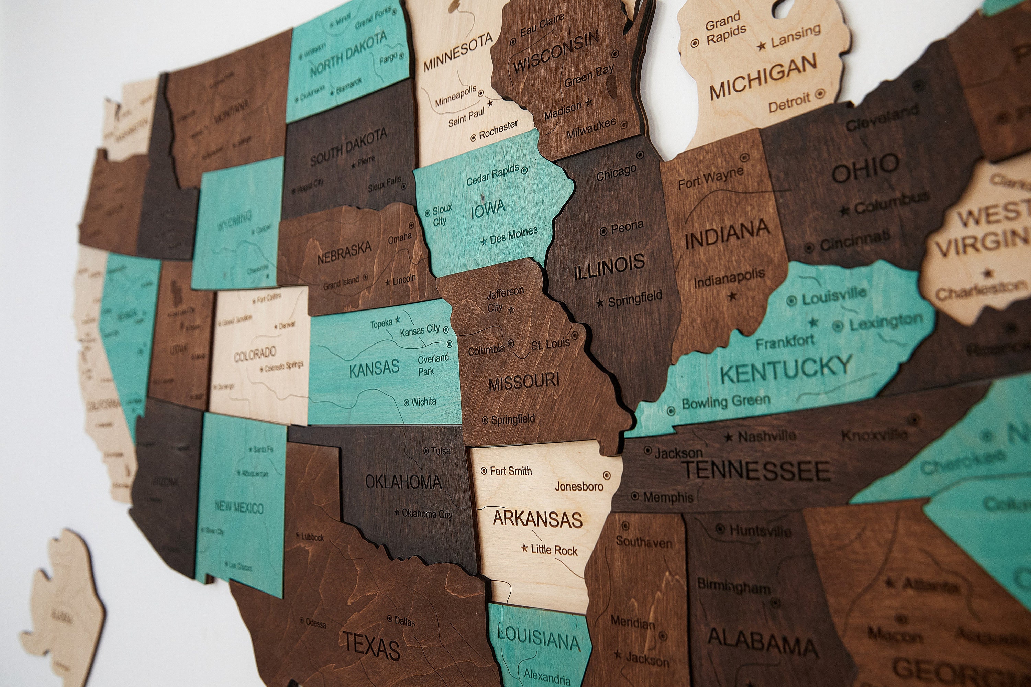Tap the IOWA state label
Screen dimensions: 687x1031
pyautogui.click(x=488, y=209)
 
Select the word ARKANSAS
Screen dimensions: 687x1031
pyautogui.click(x=537, y=519)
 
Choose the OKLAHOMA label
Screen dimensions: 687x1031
pyautogui.click(x=403, y=482)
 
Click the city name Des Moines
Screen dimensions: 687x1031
pyautogui.click(x=513, y=236)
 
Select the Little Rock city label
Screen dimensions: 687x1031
pyautogui.click(x=554, y=550)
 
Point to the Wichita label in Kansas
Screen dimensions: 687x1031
pyautogui.click(x=423, y=401)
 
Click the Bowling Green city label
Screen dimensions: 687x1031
pyautogui.click(x=726, y=402)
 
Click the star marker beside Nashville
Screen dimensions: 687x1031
pyautogui.click(x=729, y=437)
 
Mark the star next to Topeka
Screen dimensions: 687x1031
pyautogui.click(x=398, y=319)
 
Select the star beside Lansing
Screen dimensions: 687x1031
pyautogui.click(x=762, y=45)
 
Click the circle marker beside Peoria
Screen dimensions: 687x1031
pyautogui.click(x=603, y=231)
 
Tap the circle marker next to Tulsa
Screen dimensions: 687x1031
pyautogui.click(x=426, y=450)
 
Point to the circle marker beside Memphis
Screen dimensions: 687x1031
pyautogui.click(x=635, y=496)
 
